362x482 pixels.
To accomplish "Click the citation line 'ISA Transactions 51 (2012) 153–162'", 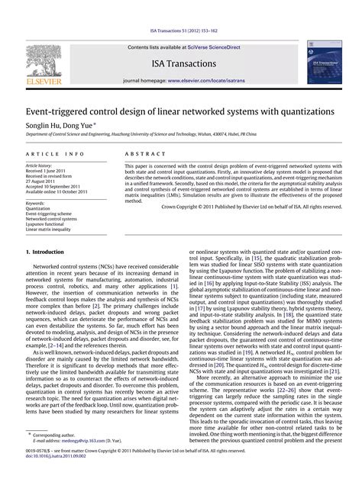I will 181,31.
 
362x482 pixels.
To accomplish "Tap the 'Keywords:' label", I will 35,204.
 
